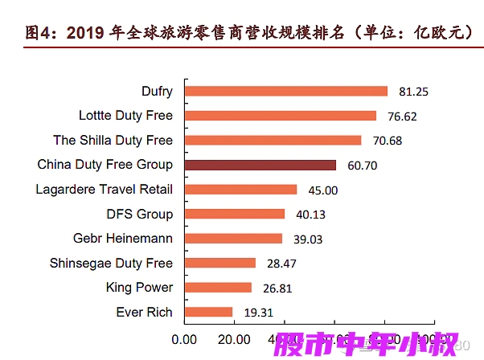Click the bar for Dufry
click(285, 92)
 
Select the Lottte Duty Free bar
click(280, 116)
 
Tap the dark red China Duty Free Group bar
click(260, 165)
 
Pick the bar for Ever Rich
click(208, 312)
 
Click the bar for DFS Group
click(235, 214)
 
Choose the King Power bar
click(218, 288)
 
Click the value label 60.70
click(361, 166)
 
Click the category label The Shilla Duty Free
click(113, 141)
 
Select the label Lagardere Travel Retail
click(104, 190)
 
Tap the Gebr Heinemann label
click(122, 239)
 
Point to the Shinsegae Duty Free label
click(111, 263)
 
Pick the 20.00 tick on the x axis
click(235, 338)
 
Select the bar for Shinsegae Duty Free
click(219, 263)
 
